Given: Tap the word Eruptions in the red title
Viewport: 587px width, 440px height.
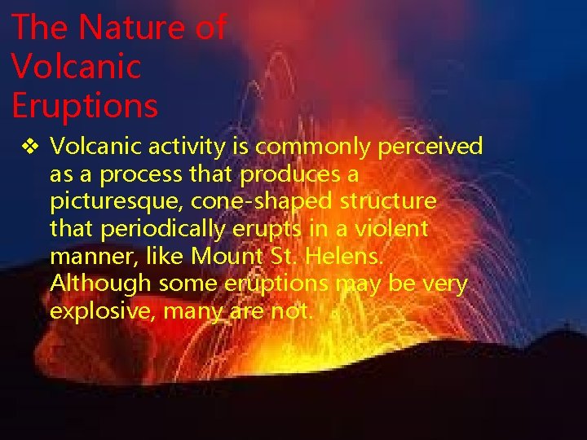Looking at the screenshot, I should click(85, 104).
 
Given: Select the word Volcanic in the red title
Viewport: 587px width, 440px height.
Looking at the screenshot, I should click(76, 66).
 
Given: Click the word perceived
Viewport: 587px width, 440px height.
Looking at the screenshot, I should click(430, 147).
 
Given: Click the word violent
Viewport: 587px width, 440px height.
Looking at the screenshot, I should click(390, 229).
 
